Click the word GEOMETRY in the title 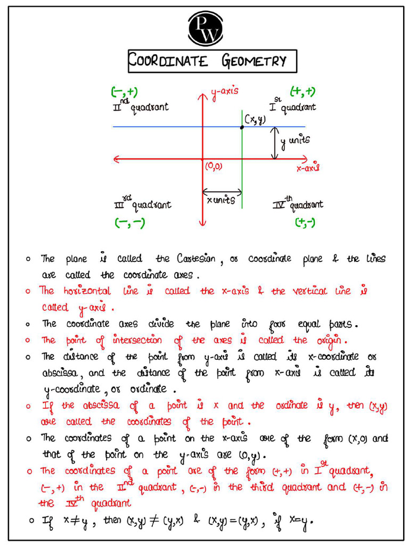point(254,61)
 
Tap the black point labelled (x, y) point(242,127)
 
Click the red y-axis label point(224,93)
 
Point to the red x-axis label point(307,168)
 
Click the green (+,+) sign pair point(302,92)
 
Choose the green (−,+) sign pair point(124,92)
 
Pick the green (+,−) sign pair point(305,222)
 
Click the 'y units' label point(295,141)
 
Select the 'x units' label point(220,200)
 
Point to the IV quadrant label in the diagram point(298,204)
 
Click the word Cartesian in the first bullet point(196,259)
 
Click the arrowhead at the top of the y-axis point(202,96)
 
